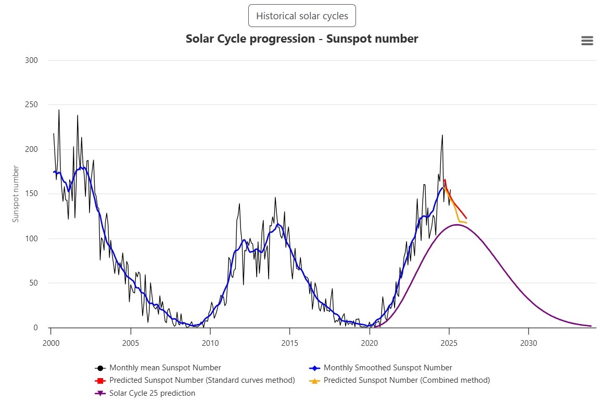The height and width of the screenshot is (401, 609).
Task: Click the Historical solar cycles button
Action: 302,16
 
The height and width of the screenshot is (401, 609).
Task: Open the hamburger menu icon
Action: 587,41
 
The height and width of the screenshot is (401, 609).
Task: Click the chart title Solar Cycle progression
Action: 302,39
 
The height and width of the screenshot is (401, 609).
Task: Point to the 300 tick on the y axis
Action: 32,60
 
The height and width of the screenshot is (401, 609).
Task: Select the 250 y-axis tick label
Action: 32,105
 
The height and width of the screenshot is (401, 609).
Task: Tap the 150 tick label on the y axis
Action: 32,194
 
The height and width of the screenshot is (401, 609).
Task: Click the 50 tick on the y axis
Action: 33,283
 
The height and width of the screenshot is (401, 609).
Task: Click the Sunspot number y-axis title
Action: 16,194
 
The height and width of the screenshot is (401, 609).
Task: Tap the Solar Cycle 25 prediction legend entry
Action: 152,393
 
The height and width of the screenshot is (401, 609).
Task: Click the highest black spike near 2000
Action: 59,110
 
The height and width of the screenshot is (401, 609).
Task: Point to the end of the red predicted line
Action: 466,218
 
